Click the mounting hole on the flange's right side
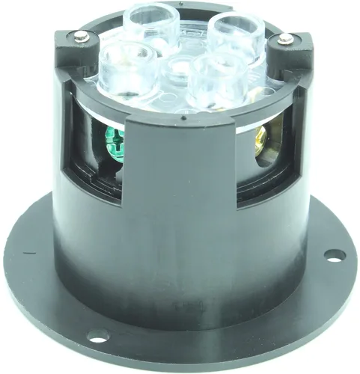[334, 256]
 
